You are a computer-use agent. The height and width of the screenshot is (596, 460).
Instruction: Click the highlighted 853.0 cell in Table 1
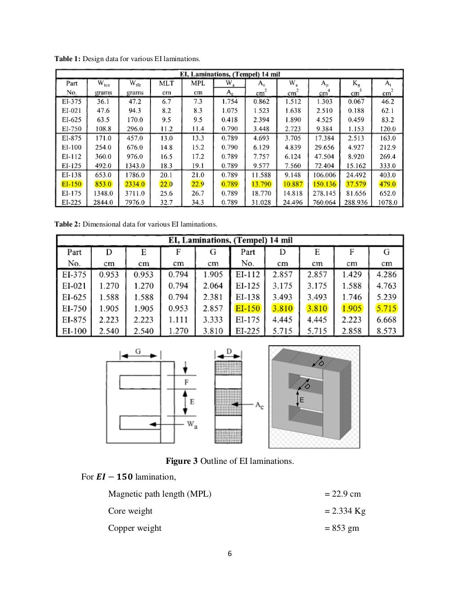point(103,184)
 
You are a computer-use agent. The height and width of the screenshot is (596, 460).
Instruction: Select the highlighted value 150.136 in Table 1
point(324,184)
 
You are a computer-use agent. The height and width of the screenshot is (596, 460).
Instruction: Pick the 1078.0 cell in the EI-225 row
point(387,203)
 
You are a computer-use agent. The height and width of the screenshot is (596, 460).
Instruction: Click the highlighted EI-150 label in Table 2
point(248,308)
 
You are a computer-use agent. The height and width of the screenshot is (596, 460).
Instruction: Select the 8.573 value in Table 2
point(386,331)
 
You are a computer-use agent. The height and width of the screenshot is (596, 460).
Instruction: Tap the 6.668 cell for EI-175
point(386,320)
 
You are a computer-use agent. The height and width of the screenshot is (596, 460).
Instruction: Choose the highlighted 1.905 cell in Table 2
point(352,308)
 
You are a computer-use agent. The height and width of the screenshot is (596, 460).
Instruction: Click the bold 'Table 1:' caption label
point(67,59)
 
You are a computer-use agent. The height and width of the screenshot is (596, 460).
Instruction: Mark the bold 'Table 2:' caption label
point(67,224)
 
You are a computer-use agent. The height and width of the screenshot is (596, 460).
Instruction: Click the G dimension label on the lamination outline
point(140,351)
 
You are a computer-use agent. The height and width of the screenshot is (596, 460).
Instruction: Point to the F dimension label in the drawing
point(186,382)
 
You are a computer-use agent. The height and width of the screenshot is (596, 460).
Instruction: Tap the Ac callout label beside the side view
point(259,405)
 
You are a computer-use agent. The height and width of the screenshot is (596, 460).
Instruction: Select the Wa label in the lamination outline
point(191,424)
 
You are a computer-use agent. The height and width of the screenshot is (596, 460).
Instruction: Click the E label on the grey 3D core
point(301,400)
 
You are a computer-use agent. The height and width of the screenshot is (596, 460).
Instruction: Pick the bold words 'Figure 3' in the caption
point(181,461)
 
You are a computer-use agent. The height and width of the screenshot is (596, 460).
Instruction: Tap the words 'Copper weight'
point(134,528)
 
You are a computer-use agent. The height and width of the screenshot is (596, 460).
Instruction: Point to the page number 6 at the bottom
point(230,554)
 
